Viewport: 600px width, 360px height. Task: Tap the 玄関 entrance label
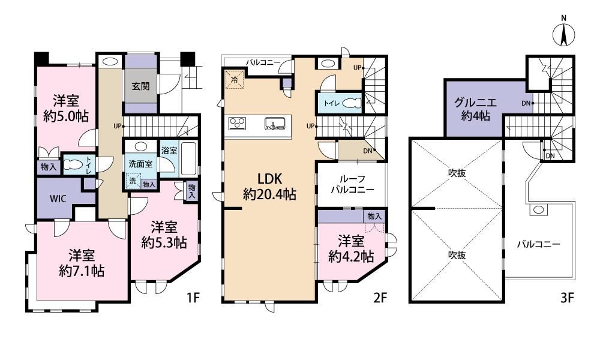[x=140, y=86]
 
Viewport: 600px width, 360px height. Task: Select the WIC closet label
[x=58, y=199]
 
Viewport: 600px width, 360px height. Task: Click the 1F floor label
[x=193, y=297]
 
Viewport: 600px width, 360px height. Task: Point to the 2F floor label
[x=380, y=297]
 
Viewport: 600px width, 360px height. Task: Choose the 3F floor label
[x=567, y=297]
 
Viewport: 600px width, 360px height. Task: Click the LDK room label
[x=269, y=179]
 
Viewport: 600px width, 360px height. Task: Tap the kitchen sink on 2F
[x=274, y=124]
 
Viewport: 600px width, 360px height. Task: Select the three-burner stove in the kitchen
[x=237, y=124]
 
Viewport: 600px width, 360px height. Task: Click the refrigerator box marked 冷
[x=235, y=80]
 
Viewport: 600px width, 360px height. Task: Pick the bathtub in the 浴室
[x=188, y=158]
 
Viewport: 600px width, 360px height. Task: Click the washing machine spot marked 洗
[x=133, y=181]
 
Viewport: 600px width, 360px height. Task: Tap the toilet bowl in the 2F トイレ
[x=352, y=103]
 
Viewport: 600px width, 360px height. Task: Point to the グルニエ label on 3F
[x=475, y=103]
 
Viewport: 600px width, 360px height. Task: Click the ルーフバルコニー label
[x=352, y=184]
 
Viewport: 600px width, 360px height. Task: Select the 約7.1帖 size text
[x=82, y=271]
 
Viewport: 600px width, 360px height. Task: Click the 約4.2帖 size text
[x=351, y=256]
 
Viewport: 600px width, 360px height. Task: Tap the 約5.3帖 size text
[x=164, y=242]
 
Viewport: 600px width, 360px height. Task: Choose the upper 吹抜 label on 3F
[x=457, y=173]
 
